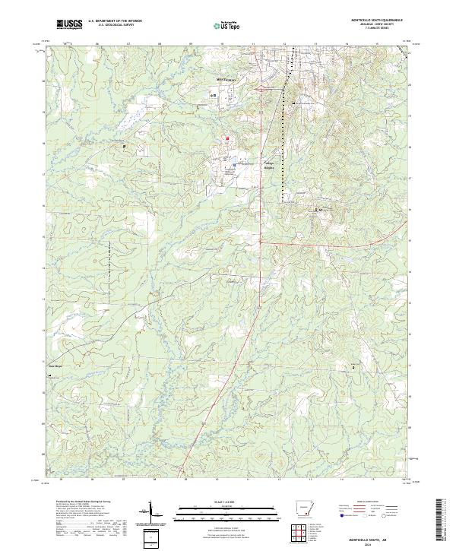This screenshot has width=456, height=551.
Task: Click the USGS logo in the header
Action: coord(69,24)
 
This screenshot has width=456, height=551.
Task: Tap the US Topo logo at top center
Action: coord(229,25)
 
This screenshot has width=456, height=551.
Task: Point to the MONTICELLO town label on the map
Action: coord(227,79)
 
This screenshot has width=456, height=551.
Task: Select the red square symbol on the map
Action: coord(226,138)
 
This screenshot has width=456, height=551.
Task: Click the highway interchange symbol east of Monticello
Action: coord(261,90)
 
